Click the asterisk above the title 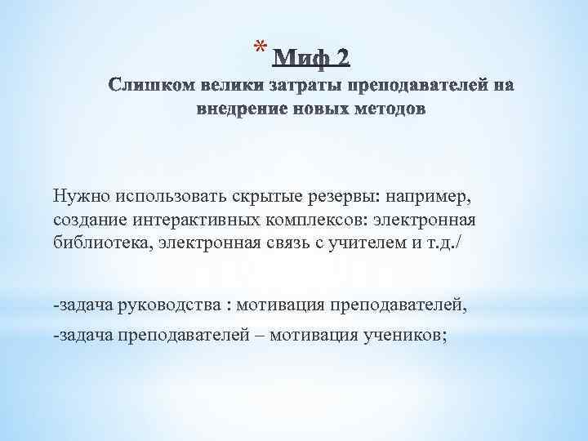click(259, 45)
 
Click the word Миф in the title click(297, 57)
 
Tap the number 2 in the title click(341, 57)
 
